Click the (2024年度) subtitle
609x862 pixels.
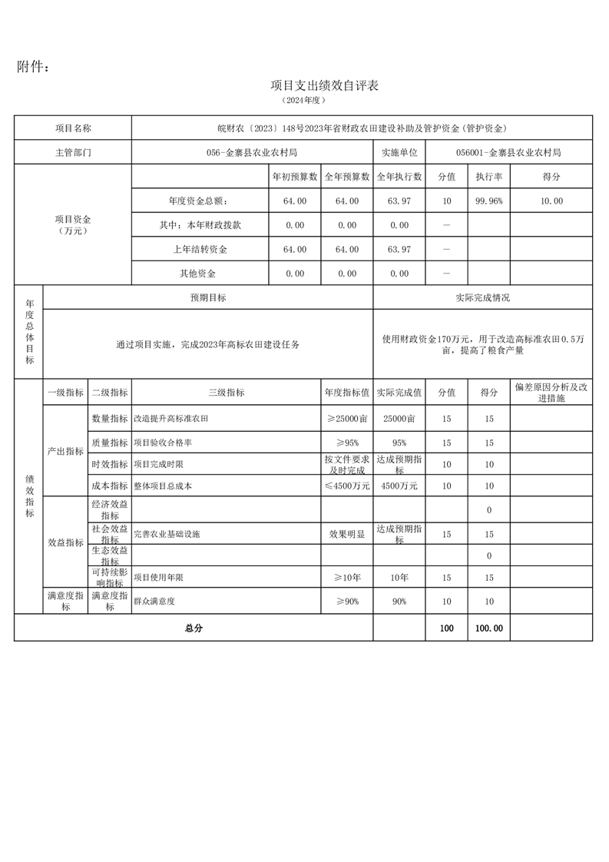pos(305,101)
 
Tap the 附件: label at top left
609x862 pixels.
pos(34,68)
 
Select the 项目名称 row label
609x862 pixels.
pos(73,128)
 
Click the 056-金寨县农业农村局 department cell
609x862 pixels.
pos(252,152)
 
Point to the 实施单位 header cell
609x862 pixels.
pos(399,152)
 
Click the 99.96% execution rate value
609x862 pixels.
pos(489,201)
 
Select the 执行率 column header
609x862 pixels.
pos(489,177)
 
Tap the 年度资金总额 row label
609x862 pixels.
pos(199,201)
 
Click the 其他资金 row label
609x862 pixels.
pos(199,274)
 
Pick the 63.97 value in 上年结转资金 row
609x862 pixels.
pos(399,250)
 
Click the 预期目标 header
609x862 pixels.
pos(208,297)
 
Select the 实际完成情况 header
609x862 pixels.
pos(482,297)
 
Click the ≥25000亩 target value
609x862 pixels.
pos(347,419)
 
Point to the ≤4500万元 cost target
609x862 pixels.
pos(347,486)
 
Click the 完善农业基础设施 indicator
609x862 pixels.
pos(167,533)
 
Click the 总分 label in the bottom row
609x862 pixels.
pos(194,628)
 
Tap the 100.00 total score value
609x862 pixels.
pos(489,628)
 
